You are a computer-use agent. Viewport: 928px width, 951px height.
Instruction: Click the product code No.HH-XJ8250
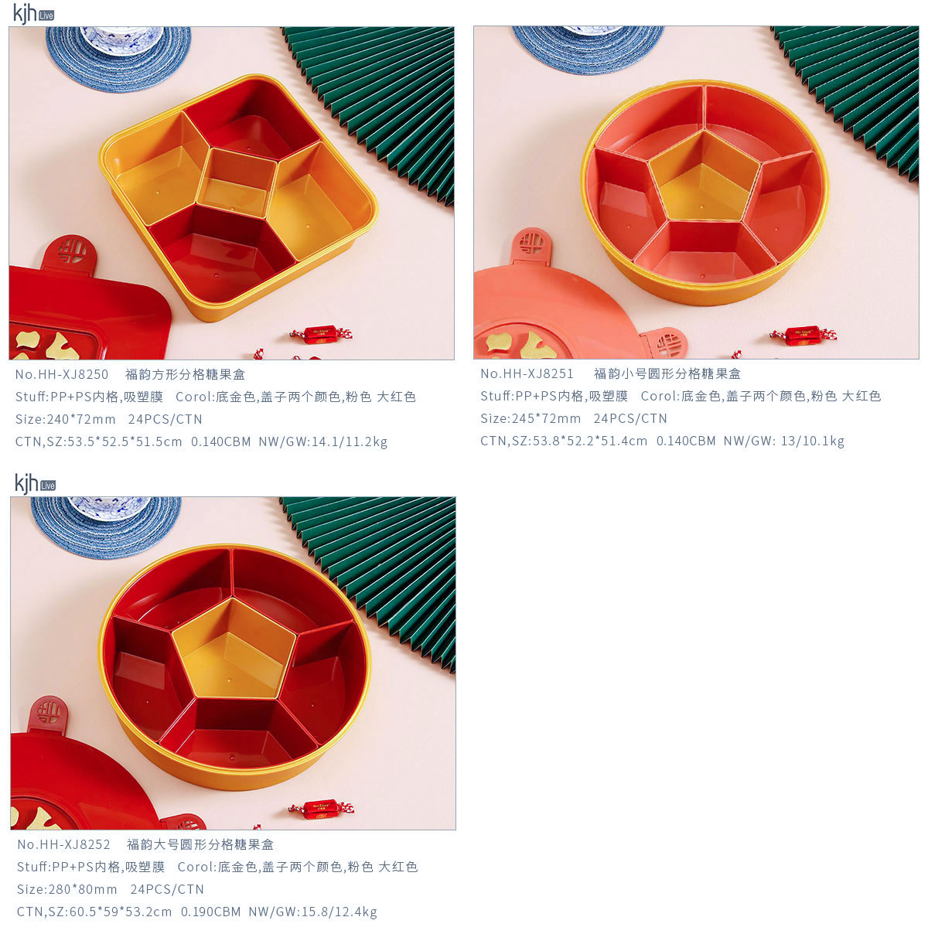(62, 374)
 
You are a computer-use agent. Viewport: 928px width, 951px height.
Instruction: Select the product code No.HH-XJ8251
(527, 374)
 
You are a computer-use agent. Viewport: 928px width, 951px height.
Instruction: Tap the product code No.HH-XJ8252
(63, 844)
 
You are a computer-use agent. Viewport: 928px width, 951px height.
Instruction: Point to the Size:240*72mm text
(66, 419)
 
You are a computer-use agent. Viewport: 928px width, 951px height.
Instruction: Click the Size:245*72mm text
(531, 418)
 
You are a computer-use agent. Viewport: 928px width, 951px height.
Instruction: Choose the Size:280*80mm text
(67, 889)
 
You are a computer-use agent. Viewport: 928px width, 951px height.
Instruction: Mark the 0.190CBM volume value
(211, 912)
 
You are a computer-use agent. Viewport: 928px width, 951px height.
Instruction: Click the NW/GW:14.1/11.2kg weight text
(323, 441)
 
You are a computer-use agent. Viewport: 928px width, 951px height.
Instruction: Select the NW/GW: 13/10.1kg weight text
(784, 441)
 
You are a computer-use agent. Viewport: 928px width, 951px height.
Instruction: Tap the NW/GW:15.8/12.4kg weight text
(312, 912)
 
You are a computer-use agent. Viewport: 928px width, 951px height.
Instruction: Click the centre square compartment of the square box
(237, 182)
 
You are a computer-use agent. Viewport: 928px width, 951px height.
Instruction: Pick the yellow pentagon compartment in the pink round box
(704, 177)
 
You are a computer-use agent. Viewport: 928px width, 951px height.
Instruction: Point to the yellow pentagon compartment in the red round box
(234, 648)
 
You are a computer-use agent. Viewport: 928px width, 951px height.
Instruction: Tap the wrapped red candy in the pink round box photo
(803, 336)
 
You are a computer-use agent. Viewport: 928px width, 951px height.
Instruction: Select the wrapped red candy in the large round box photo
(321, 809)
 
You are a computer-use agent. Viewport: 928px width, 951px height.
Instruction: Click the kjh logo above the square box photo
(33, 13)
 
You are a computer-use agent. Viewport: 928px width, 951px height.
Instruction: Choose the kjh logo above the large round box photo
(35, 483)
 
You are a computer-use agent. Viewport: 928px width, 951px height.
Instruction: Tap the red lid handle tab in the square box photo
(70, 252)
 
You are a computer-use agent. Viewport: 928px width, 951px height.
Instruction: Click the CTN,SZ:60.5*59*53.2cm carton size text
(94, 912)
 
